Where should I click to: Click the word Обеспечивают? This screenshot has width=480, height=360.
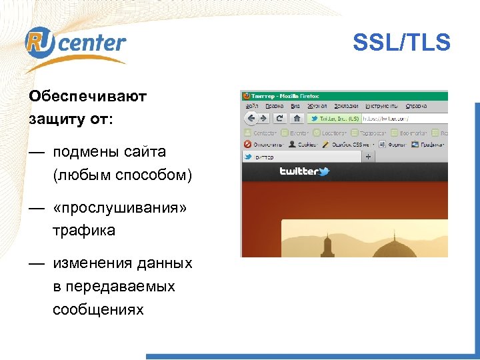click(87, 97)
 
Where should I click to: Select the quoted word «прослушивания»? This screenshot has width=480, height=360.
click(121, 208)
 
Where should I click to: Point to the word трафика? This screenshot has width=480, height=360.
click(84, 231)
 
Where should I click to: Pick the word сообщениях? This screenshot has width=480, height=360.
click(98, 310)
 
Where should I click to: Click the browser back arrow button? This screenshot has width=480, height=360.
click(251, 119)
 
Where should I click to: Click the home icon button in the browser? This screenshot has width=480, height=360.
click(297, 119)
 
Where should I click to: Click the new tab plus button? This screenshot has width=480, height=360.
click(368, 157)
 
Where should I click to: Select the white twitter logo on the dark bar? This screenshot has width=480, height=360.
click(304, 171)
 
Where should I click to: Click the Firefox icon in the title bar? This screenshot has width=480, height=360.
click(245, 95)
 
